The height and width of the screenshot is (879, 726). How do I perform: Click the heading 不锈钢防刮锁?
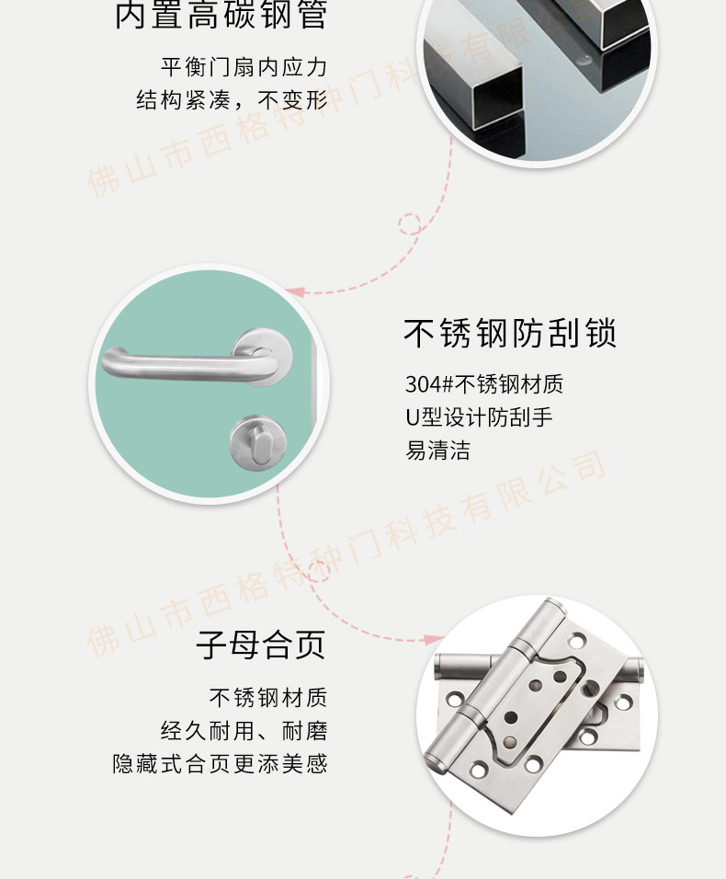coord(510,333)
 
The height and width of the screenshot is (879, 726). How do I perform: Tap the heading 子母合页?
coord(260,645)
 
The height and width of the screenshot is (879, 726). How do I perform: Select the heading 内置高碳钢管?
coord(221,15)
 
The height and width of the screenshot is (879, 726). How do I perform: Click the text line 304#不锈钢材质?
coord(484,384)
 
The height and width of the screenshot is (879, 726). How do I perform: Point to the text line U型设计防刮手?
coord(479,417)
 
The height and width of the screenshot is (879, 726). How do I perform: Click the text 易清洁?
coord(437,451)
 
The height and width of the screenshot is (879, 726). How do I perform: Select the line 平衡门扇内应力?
coord(244,67)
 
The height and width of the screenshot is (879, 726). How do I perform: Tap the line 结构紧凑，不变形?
coord(232,100)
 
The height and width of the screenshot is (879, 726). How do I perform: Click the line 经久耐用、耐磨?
coord(244,731)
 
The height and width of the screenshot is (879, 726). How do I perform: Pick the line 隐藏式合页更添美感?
coord(220,763)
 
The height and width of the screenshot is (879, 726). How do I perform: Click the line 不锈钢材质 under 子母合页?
coord(267,698)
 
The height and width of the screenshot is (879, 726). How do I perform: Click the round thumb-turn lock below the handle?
coord(258,443)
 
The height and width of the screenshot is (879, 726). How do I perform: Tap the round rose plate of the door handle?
coord(262,357)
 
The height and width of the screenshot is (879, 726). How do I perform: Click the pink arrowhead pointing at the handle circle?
coord(295,292)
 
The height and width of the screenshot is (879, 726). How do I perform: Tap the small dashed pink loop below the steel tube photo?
coord(410,223)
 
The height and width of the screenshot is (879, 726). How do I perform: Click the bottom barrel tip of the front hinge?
coord(435,763)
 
